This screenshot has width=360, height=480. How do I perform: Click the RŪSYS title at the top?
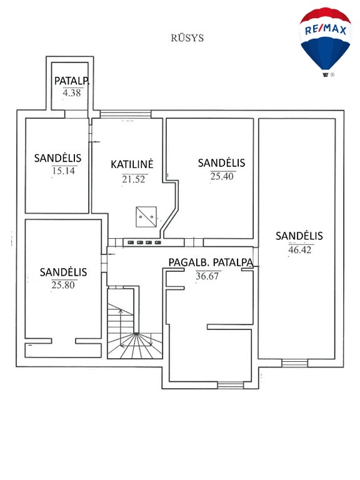tap(187, 38)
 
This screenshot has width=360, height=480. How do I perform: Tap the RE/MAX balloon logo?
tap(325, 42)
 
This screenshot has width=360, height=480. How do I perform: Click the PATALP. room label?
tap(72, 81)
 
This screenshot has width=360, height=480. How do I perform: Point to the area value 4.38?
tap(72, 92)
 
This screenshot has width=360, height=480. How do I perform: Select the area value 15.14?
tap(63, 171)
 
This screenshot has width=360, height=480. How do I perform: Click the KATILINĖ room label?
tap(132, 164)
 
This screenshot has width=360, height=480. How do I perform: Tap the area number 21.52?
tap(134, 179)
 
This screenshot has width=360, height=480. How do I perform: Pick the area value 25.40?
tap(222, 176)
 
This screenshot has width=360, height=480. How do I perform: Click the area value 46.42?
tap(300, 250)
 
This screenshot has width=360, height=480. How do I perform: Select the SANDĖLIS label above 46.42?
tap(299, 236)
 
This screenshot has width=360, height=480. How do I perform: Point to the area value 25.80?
tap(63, 285)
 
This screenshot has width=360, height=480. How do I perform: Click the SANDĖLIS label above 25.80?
tap(63, 272)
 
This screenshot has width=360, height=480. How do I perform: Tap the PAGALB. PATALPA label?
tap(211, 262)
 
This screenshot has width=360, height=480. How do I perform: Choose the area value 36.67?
tap(207, 276)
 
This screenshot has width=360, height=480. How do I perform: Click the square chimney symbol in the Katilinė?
tap(146, 217)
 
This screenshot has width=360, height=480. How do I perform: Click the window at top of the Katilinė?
tap(126, 114)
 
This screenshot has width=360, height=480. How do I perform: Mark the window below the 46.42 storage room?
tap(294, 363)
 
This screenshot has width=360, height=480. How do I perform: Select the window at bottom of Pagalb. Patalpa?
tap(231, 385)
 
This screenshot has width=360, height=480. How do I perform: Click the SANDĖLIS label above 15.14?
tap(57, 158)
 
